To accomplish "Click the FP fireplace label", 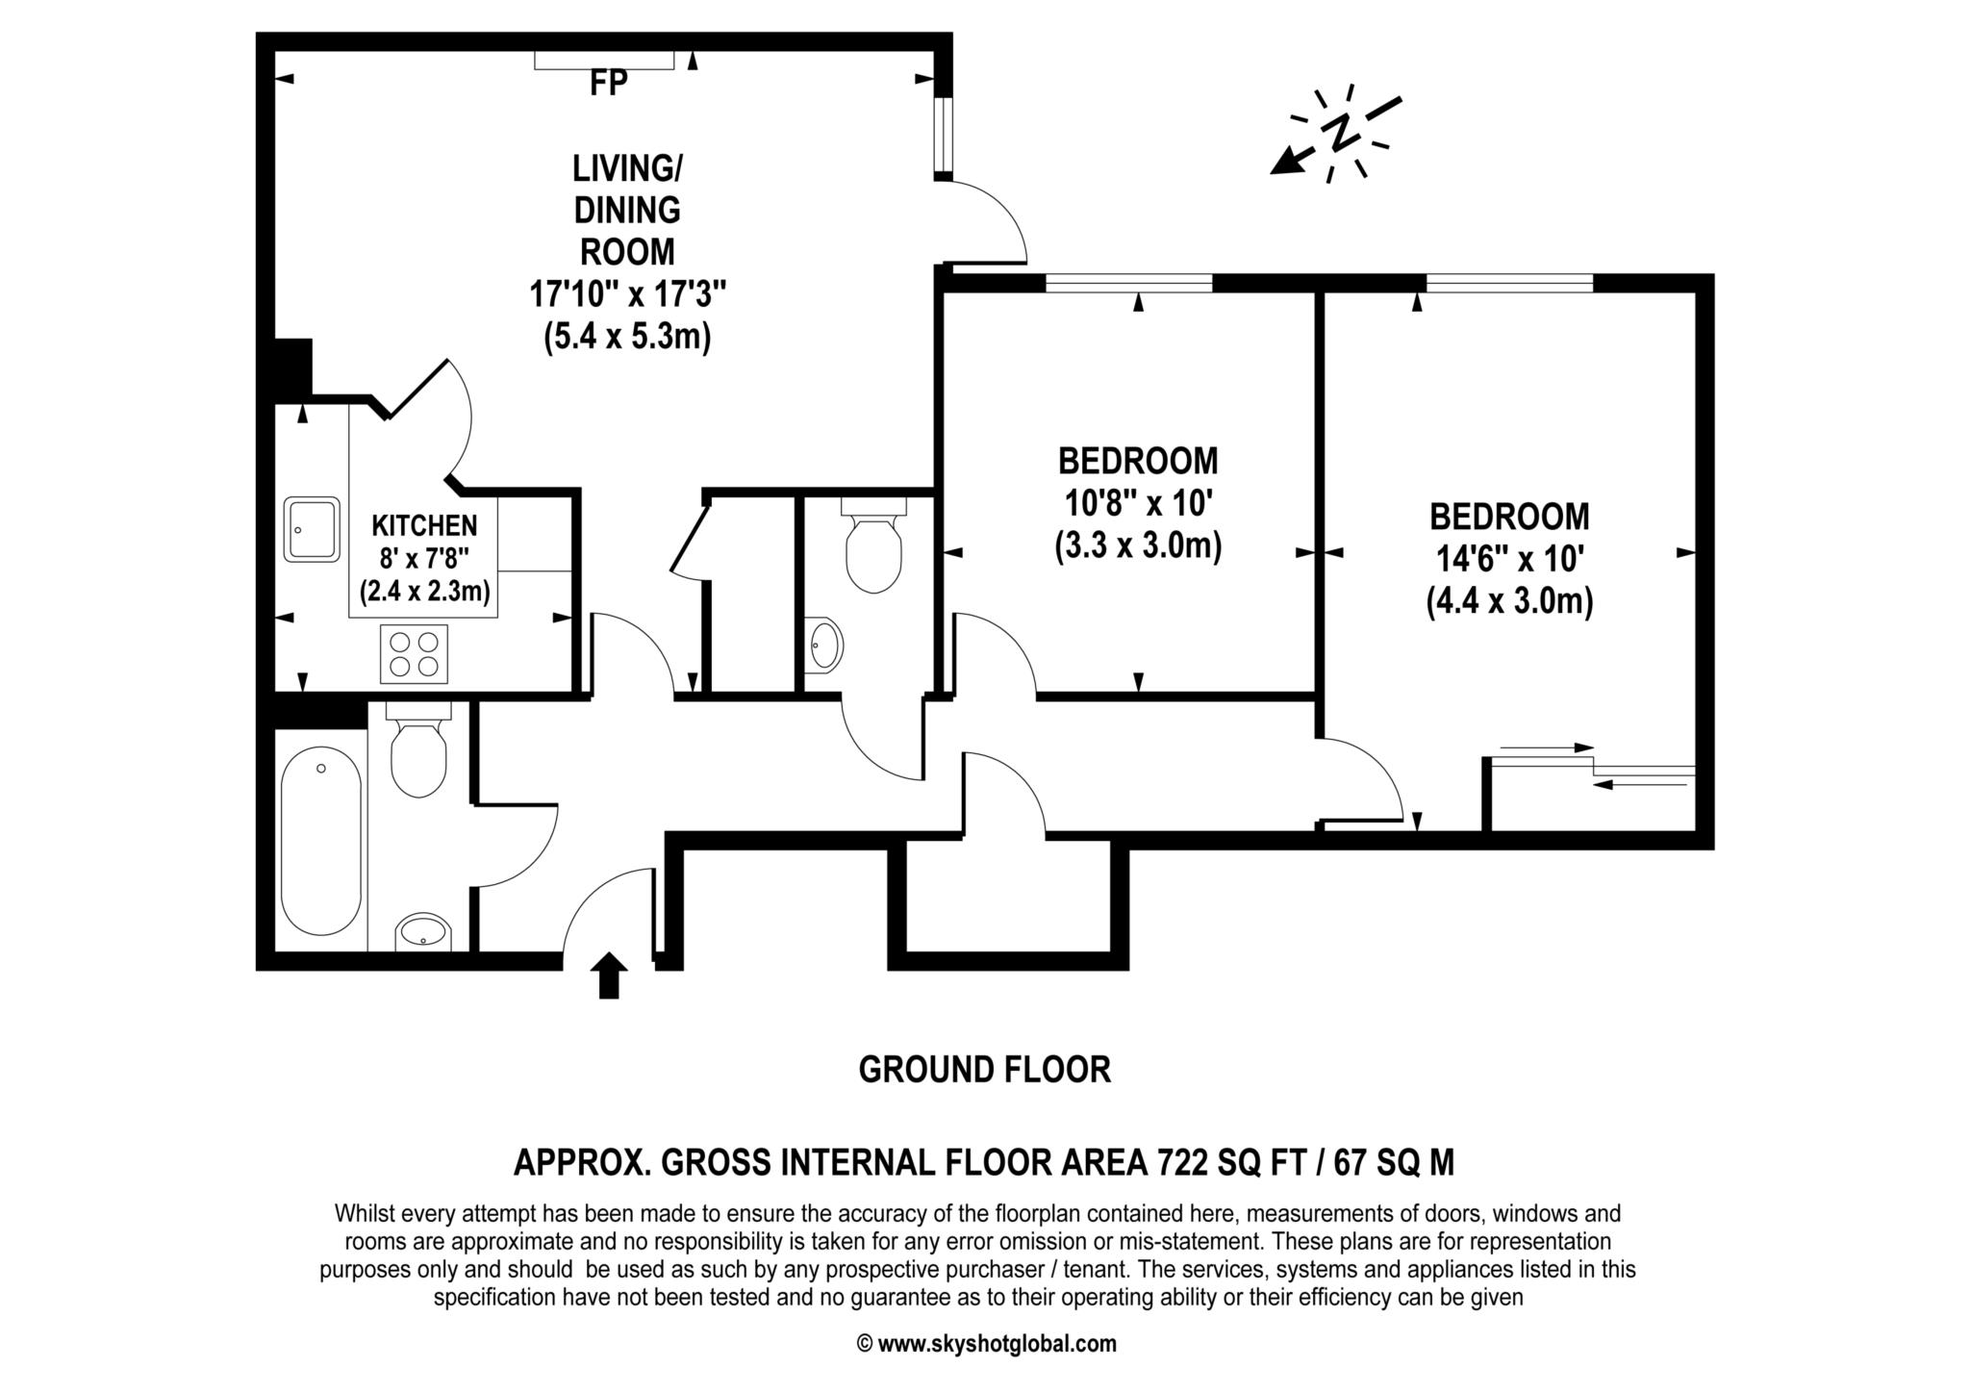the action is (x=608, y=84).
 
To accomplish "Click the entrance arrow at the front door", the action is (x=608, y=975).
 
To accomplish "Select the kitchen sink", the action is (x=312, y=529).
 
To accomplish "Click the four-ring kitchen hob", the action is (x=414, y=654).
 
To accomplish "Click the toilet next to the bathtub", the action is (x=418, y=749).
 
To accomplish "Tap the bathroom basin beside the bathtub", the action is (x=423, y=931).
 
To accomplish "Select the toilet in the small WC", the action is (x=873, y=545).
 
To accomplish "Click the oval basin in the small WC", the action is (x=824, y=644).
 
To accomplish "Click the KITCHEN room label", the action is (x=424, y=525).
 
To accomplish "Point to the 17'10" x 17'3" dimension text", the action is (x=627, y=293).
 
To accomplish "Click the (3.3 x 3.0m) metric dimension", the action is (x=1138, y=545).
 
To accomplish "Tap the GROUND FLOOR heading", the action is (x=985, y=1069).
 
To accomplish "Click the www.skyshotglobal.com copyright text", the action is (x=986, y=1344).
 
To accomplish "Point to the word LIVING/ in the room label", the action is (x=627, y=168).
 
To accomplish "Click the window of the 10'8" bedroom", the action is (x=1129, y=283).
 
